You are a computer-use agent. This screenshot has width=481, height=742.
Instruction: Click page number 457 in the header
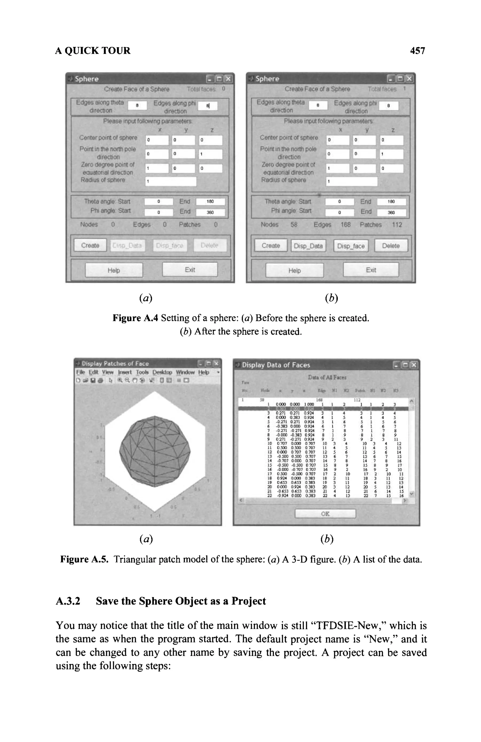click(x=417, y=51)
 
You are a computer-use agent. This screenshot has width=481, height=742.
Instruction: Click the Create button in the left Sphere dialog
click(x=90, y=245)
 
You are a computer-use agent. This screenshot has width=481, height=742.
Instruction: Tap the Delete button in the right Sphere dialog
click(x=391, y=246)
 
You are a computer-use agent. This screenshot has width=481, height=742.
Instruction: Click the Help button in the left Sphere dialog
click(x=114, y=270)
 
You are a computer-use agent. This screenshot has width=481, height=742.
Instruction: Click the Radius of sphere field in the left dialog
click(x=171, y=181)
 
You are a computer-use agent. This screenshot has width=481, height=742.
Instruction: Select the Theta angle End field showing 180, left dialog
click(x=210, y=201)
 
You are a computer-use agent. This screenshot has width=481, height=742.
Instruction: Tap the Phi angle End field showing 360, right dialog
click(x=391, y=213)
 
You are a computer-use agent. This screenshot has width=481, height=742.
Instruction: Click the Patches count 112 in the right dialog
click(x=397, y=225)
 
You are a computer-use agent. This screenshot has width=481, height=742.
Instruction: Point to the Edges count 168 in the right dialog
click(x=345, y=225)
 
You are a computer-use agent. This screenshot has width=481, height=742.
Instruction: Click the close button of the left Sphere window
click(x=229, y=79)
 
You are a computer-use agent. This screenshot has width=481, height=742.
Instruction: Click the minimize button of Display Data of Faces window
click(x=396, y=365)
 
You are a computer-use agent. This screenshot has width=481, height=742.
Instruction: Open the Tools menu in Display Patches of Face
click(x=142, y=372)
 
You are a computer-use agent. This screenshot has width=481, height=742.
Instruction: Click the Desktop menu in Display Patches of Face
click(x=162, y=372)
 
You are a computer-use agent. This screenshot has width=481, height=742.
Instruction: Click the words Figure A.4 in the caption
click(x=135, y=318)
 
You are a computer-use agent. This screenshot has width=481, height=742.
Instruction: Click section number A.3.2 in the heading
click(x=68, y=601)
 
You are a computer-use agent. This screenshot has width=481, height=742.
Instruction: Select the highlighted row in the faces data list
click(x=324, y=409)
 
